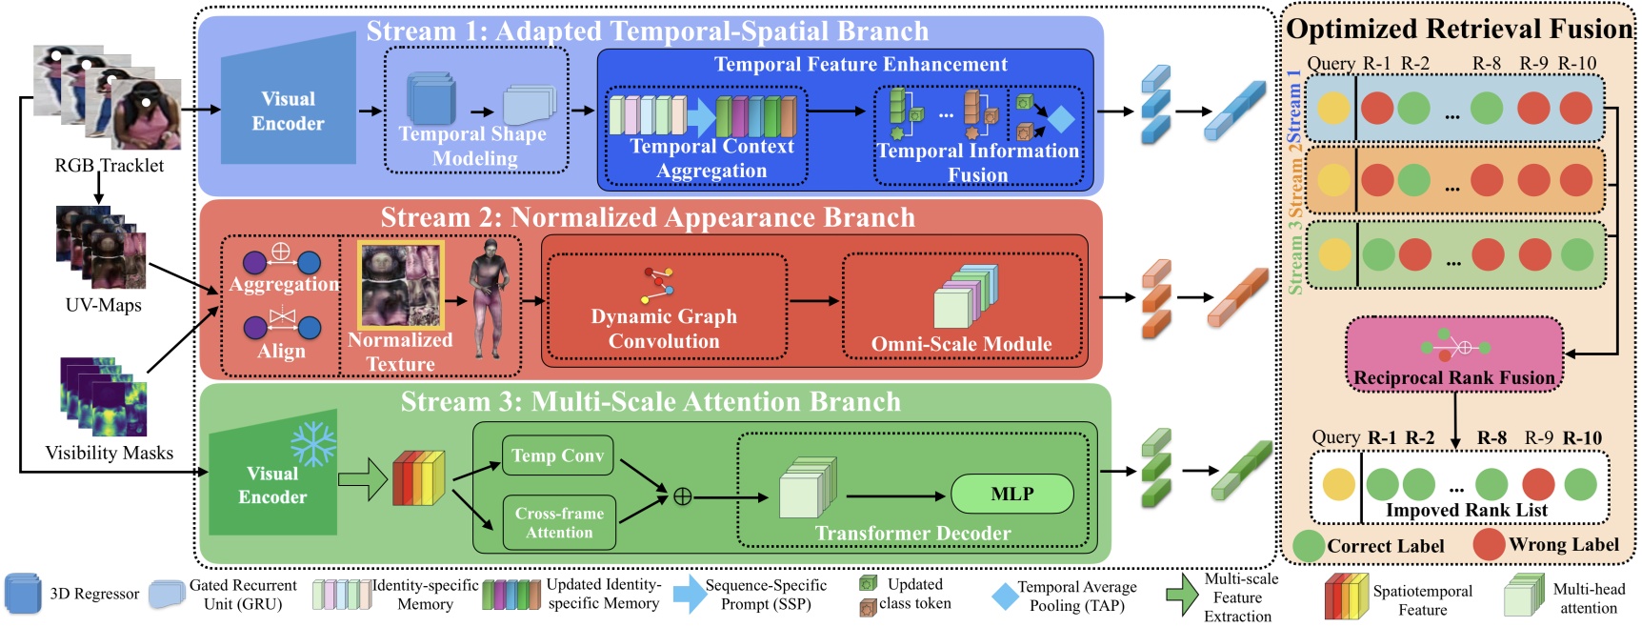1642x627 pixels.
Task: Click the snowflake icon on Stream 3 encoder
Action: [313, 443]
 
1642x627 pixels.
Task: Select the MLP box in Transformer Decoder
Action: [1011, 494]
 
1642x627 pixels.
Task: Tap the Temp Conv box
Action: [557, 455]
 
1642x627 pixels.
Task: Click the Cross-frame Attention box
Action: [559, 522]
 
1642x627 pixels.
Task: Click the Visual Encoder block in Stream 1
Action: [288, 111]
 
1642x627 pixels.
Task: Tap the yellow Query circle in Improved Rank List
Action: [1337, 484]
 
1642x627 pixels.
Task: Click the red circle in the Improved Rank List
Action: [1537, 484]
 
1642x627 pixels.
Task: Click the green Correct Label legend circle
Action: [1309, 546]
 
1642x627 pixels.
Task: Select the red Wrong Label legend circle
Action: [1489, 544]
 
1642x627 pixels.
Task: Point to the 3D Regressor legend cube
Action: [23, 594]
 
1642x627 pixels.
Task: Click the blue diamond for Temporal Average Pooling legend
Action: [1004, 597]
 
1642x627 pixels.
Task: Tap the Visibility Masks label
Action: [109, 453]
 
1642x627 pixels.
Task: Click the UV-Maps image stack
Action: [101, 248]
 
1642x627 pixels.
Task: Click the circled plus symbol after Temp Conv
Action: [682, 496]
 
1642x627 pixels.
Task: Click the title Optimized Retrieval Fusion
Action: [1459, 29]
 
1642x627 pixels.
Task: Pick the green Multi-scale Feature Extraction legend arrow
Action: [1182, 595]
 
